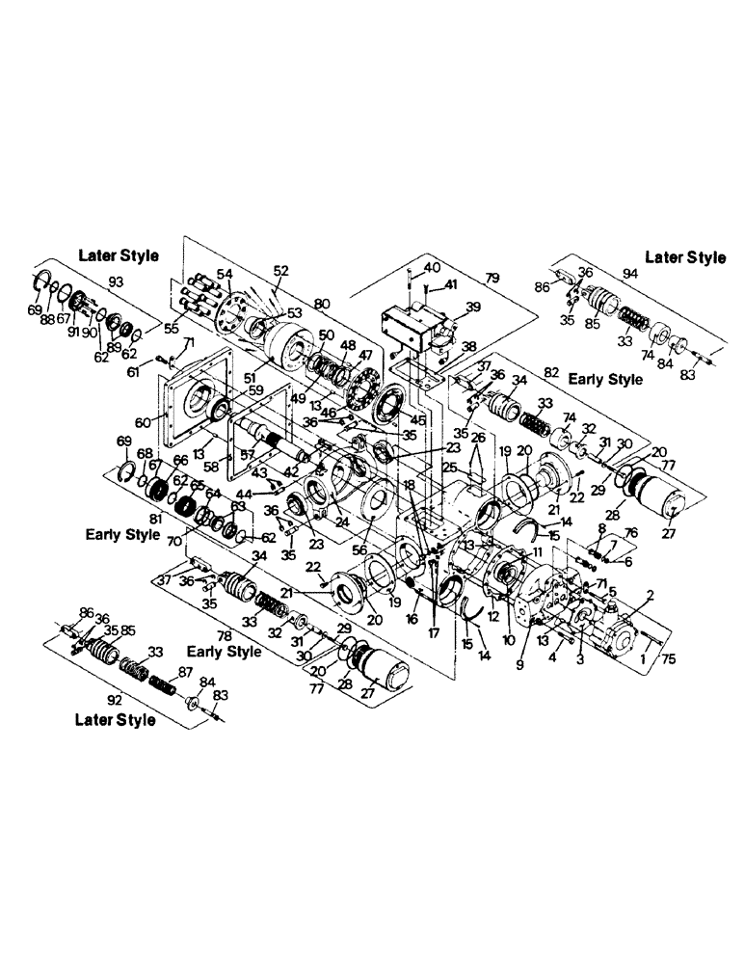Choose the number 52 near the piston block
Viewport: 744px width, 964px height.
(x=281, y=271)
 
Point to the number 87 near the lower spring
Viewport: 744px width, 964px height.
(x=211, y=670)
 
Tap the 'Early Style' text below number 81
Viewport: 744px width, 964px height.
(x=121, y=534)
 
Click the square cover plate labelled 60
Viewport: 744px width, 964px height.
(x=193, y=415)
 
